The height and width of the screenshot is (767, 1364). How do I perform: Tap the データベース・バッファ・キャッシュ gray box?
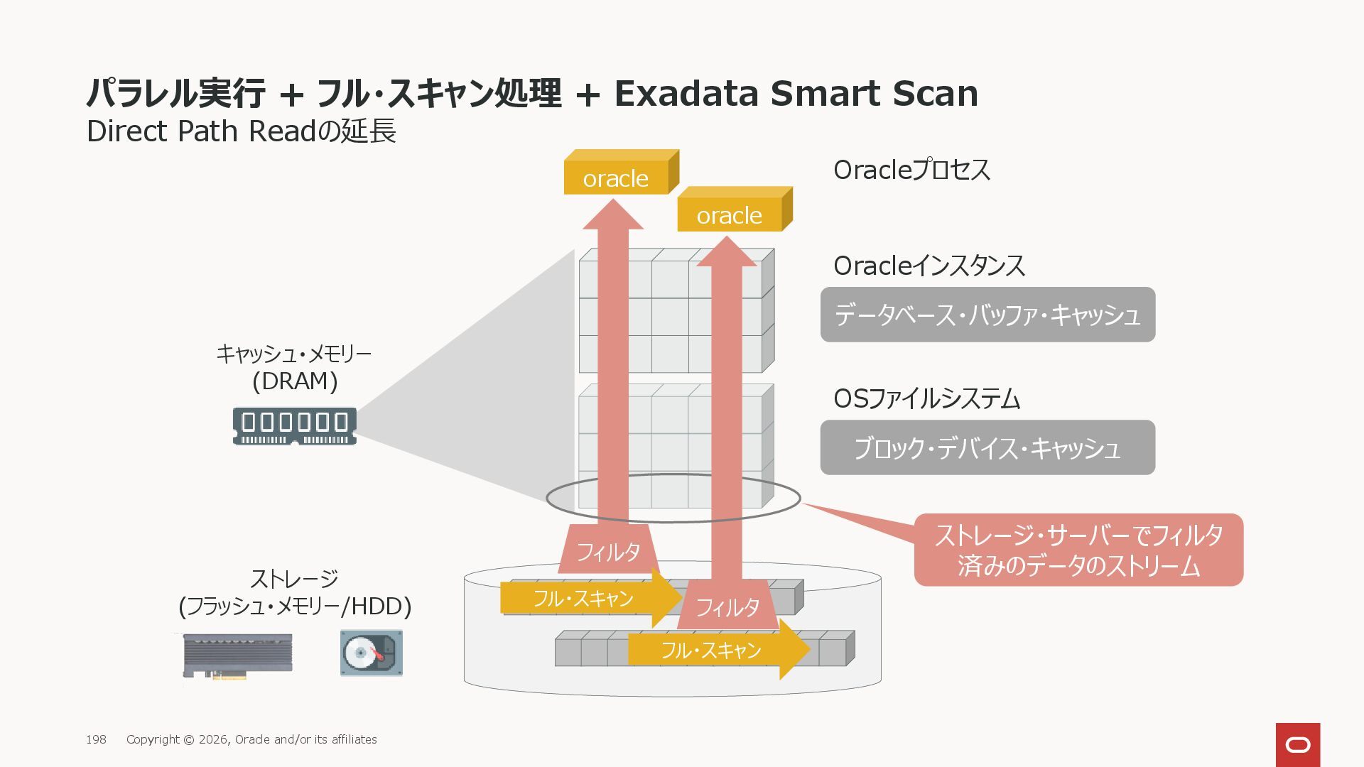coord(987,315)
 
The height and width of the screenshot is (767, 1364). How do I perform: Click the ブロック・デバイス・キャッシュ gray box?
coord(987,447)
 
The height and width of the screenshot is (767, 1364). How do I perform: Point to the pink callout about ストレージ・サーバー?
coord(1078,550)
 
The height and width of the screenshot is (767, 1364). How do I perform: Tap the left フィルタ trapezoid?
coord(609,550)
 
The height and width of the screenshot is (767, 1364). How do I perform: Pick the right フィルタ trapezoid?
coord(727,606)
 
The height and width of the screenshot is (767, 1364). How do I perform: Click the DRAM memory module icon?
coord(295,426)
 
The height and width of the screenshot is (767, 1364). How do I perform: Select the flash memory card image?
coord(237,655)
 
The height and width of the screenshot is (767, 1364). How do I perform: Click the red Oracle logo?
coord(1298,744)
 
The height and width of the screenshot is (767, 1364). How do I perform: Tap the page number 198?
coord(96,739)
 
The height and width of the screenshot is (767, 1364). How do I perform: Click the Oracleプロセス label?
coord(911,170)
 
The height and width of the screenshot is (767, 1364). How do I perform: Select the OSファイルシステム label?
coord(926,398)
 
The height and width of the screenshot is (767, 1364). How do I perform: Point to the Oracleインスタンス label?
coord(929,266)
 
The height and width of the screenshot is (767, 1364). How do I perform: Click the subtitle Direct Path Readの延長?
coord(241,131)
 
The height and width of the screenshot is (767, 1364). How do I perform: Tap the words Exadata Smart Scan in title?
coord(796,93)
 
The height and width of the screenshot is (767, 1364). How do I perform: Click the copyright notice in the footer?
coord(251,739)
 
